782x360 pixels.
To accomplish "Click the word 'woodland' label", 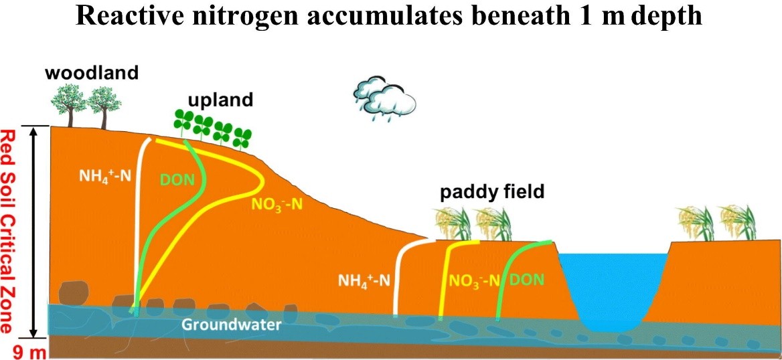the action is pos(91,73).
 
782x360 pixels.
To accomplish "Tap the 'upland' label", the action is pos(220,100).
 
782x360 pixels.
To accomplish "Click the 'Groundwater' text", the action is pos(230,325).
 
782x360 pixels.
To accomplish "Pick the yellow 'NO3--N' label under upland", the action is pos(279,205).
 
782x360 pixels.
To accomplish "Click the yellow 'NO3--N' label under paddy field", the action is pos(474,281).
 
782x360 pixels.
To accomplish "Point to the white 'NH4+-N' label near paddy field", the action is pos(364,281).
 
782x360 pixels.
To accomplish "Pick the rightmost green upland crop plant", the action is pos(243,138).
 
